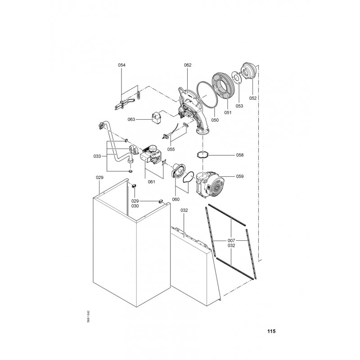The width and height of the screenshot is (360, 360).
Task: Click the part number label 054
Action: click(x=121, y=65)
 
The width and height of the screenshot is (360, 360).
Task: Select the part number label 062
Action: click(x=188, y=65)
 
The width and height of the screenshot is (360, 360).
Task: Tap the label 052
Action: click(x=253, y=98)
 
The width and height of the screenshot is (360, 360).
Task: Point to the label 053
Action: click(x=239, y=106)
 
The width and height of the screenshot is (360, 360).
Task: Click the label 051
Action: click(x=228, y=113)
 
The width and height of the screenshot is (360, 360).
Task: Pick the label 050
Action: click(x=215, y=120)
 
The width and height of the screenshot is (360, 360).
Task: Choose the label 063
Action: click(x=131, y=120)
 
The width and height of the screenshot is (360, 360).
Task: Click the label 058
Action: click(x=240, y=155)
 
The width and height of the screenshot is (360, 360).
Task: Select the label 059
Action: click(x=240, y=176)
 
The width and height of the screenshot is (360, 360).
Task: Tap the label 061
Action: click(x=151, y=182)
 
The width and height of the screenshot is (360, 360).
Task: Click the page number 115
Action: click(x=271, y=331)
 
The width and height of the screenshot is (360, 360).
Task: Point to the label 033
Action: click(x=97, y=156)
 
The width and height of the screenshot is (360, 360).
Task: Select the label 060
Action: click(x=175, y=199)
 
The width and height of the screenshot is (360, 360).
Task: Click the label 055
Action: click(x=171, y=149)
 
